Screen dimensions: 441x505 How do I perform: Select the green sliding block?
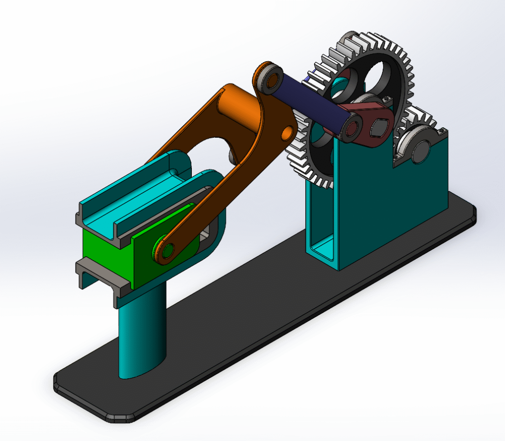[106, 257]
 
